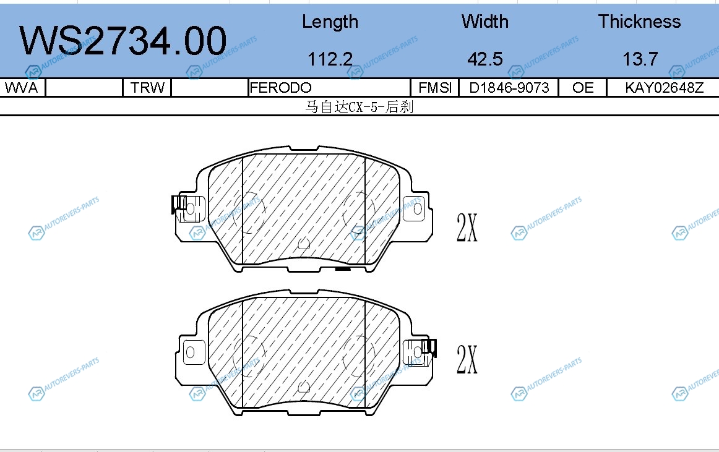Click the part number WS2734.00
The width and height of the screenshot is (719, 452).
pyautogui.click(x=123, y=41)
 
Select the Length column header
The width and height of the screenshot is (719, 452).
pyautogui.click(x=330, y=22)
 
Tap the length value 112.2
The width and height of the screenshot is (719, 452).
pyautogui.click(x=330, y=59)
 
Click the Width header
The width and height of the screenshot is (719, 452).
pyautogui.click(x=485, y=22)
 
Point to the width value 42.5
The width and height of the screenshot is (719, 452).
pyautogui.click(x=485, y=59)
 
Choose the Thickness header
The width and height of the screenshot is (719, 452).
pyautogui.click(x=639, y=22)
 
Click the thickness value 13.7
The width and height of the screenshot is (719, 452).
pyautogui.click(x=640, y=59)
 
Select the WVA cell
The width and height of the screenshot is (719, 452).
pyautogui.click(x=21, y=88)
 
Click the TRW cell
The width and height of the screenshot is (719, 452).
pyautogui.click(x=147, y=88)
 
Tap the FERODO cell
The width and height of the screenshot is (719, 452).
pyautogui.click(x=281, y=88)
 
